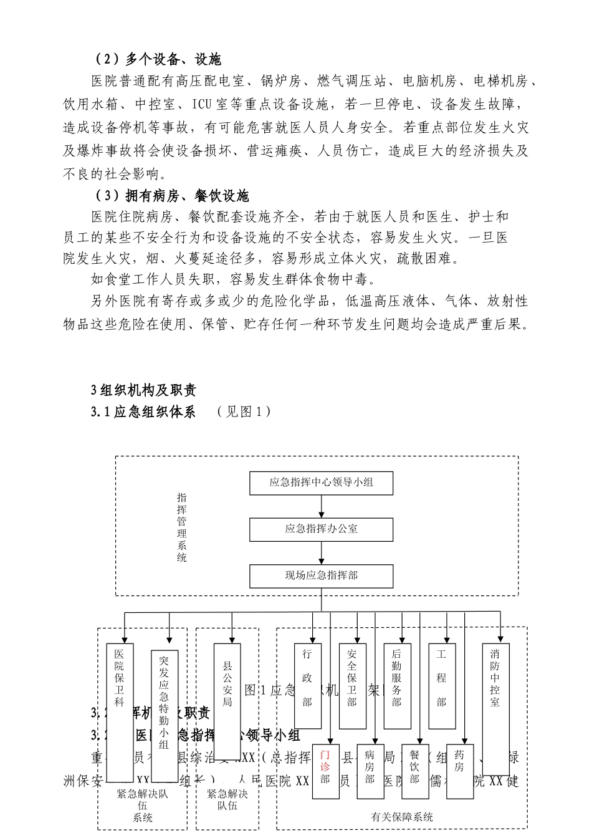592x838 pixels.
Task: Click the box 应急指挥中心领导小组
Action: [321, 483]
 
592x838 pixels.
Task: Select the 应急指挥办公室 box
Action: [321, 529]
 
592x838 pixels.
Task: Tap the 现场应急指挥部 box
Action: [321, 576]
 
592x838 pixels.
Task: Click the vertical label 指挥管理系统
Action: [182, 527]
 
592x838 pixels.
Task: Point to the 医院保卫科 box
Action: [120, 711]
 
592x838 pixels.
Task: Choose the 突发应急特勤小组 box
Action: [165, 714]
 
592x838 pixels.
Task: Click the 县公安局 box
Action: [227, 686]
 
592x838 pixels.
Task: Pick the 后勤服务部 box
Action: [397, 686]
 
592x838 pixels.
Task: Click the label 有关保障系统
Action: [401, 817]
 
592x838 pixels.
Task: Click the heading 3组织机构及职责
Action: [144, 390]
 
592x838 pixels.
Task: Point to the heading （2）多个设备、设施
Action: [158, 59]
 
